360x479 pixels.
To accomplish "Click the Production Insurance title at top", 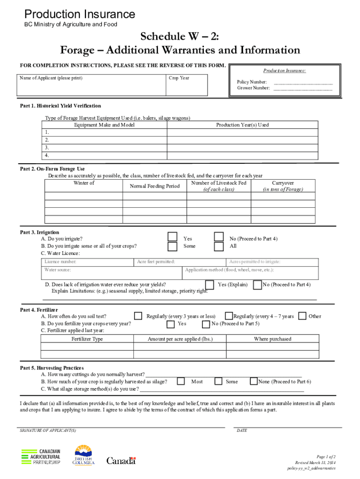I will click(79, 15).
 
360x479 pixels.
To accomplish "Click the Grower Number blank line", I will click(302, 88).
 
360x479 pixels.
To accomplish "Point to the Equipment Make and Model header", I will click(104, 125).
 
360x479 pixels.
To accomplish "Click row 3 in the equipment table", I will click(104, 147).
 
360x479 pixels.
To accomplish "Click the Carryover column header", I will click(283, 186).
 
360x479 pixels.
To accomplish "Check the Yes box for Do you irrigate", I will click(173, 237).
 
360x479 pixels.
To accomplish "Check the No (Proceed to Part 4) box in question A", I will click(218, 237).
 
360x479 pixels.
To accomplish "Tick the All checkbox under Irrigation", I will click(218, 247).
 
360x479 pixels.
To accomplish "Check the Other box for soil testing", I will click(302, 316).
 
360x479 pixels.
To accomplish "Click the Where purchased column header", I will click(273, 339).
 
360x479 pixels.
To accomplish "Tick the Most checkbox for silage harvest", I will click(180, 382).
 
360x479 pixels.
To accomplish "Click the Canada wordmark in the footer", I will click(121, 461).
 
